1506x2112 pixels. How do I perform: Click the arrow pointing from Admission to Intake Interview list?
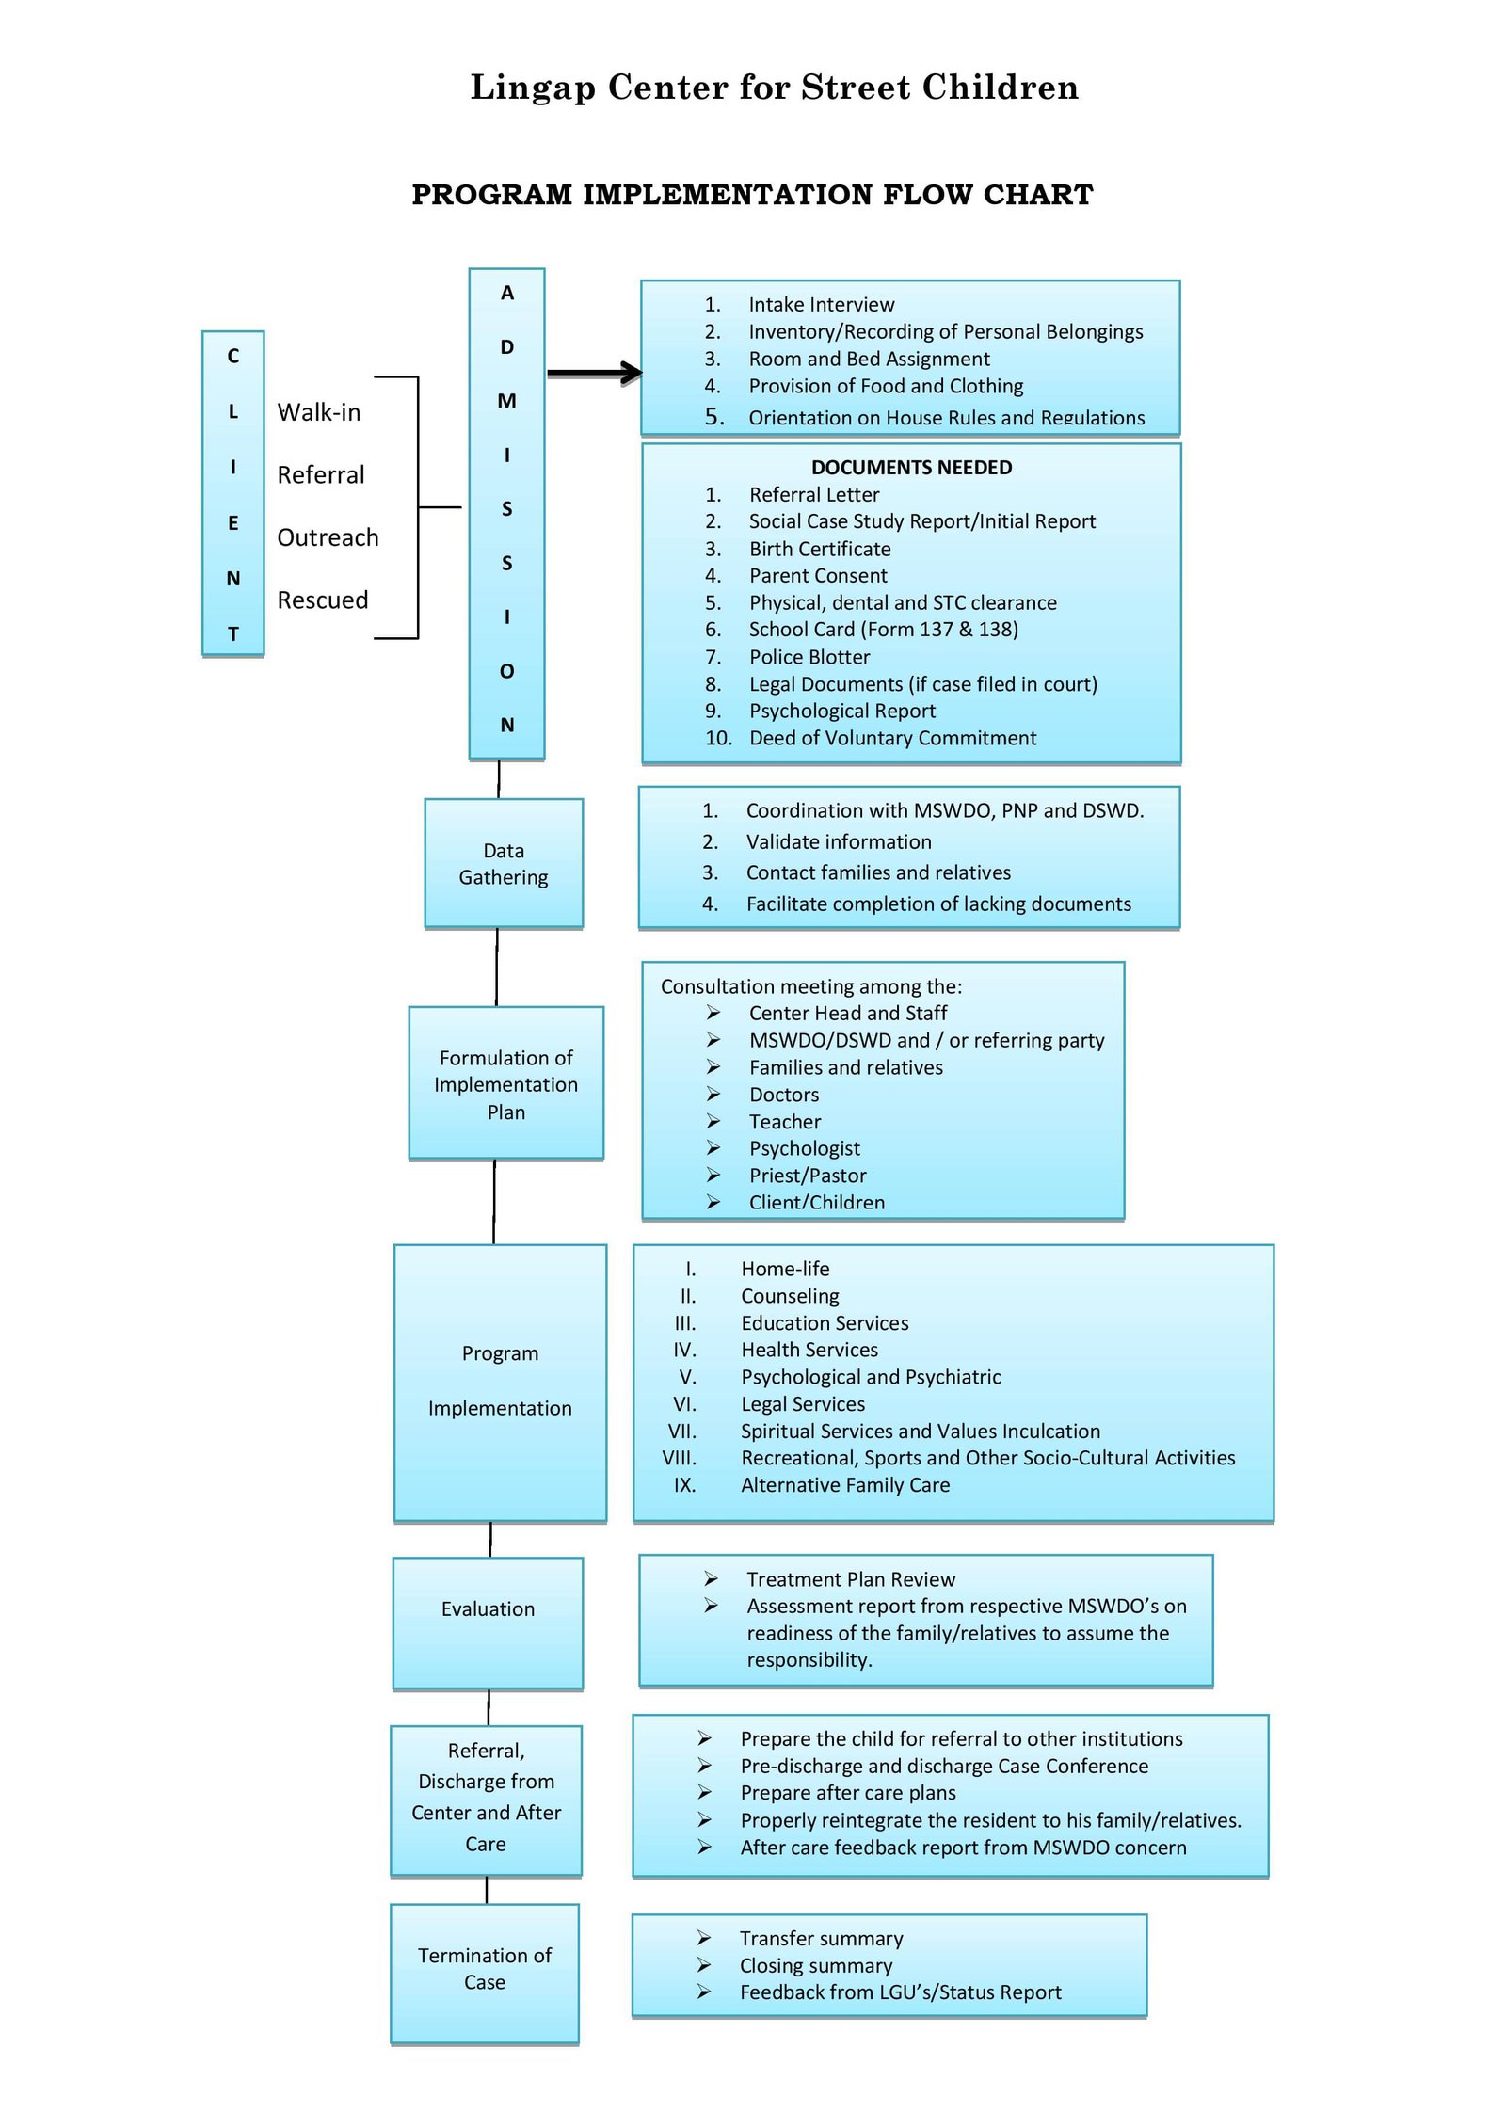(x=595, y=373)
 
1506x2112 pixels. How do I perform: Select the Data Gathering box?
(x=504, y=863)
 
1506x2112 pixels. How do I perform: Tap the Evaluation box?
(x=488, y=1623)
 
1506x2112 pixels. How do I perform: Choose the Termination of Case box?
(x=485, y=1973)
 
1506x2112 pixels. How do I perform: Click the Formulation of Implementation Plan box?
(x=506, y=1083)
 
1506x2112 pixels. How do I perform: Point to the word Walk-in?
(x=318, y=412)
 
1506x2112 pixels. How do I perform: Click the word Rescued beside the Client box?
(x=322, y=600)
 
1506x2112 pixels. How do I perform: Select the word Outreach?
(x=328, y=537)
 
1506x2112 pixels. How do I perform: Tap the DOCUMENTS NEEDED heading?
(x=911, y=468)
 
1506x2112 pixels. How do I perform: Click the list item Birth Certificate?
(x=820, y=549)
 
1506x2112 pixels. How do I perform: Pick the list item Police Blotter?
(x=809, y=657)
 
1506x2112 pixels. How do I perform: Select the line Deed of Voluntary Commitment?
(x=892, y=738)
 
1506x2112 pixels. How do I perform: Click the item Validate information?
(x=839, y=841)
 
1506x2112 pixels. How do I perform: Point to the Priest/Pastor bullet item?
(x=808, y=1176)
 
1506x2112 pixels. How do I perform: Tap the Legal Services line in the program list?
(x=803, y=1404)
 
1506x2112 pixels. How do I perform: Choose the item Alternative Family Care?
(x=845, y=1485)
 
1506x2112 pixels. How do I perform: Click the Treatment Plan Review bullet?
(x=851, y=1579)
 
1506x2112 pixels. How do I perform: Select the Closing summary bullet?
(x=816, y=1965)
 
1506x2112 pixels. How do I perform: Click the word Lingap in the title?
(x=533, y=88)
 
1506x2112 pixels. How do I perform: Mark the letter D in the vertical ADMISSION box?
(x=507, y=347)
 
